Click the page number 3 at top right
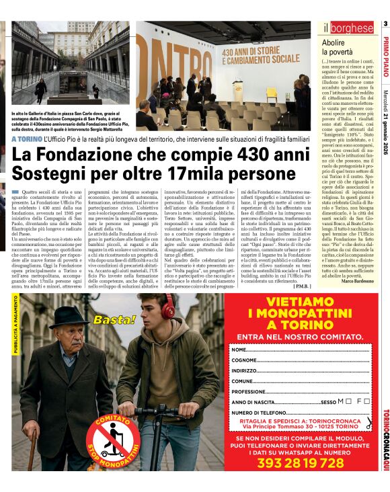click(x=385, y=25)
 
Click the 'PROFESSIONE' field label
click(x=249, y=391)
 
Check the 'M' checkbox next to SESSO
click(x=348, y=401)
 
